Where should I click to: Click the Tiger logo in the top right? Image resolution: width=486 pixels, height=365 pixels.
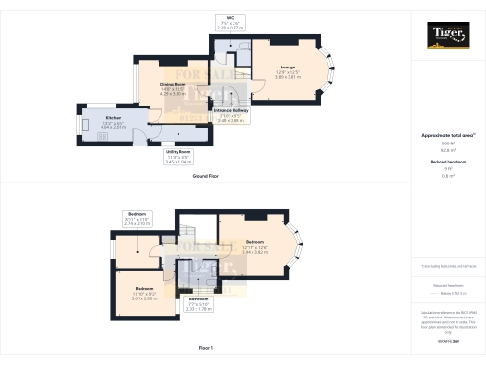[x=448, y=38]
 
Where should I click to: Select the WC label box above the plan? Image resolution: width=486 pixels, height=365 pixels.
[x=229, y=22]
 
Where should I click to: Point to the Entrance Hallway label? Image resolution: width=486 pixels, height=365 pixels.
[x=232, y=116]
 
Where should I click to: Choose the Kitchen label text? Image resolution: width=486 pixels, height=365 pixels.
[x=100, y=121]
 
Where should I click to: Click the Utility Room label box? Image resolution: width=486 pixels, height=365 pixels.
[x=178, y=156]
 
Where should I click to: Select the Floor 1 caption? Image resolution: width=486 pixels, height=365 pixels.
[x=206, y=349]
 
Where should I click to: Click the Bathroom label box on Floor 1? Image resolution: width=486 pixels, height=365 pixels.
[x=198, y=305]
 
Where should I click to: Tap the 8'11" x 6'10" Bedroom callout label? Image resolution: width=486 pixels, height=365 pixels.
[x=137, y=218]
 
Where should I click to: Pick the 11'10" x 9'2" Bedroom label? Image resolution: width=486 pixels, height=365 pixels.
[x=143, y=292]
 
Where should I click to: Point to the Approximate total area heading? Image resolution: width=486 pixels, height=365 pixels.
[x=447, y=136]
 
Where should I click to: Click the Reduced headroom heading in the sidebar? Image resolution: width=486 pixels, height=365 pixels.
[x=447, y=163]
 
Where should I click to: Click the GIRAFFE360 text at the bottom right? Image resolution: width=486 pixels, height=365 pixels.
[x=447, y=339]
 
